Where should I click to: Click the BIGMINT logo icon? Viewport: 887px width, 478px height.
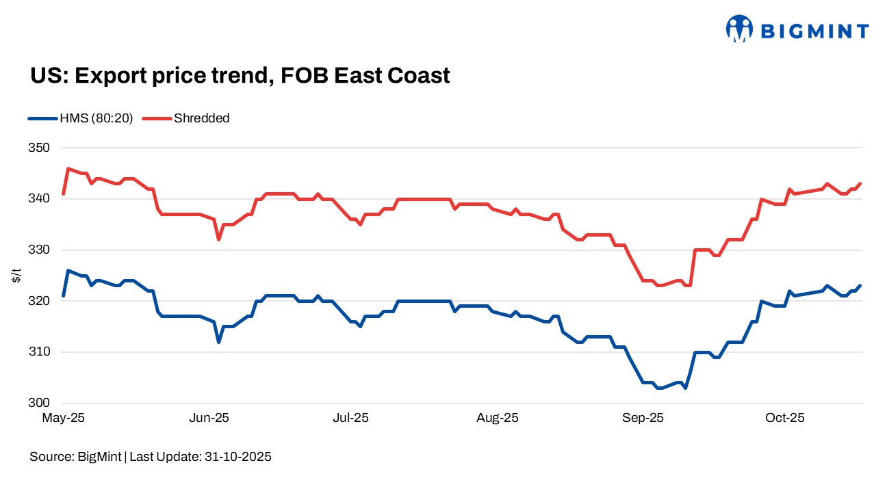point(739,29)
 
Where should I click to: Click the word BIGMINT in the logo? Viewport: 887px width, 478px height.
point(814,31)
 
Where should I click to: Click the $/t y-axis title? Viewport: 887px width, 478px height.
point(16,276)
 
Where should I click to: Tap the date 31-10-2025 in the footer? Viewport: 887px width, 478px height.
point(237,457)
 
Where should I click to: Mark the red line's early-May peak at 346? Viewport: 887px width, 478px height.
point(68,168)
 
